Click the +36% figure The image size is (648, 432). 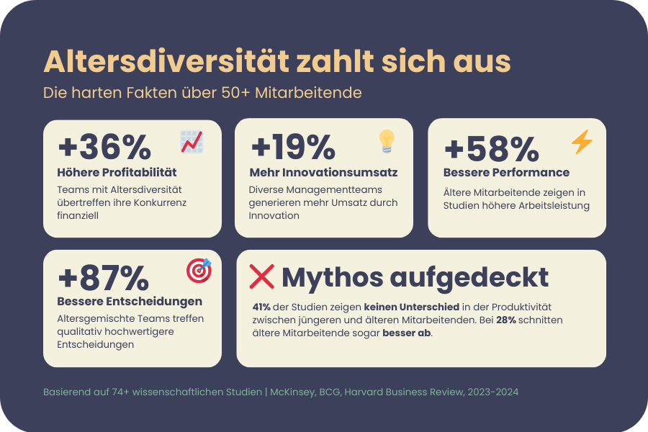point(104,148)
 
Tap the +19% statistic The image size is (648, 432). point(293,148)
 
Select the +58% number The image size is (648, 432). point(492,149)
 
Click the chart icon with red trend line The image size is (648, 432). point(192,142)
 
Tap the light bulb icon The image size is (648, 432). point(387,141)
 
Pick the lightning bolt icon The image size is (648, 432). point(582,142)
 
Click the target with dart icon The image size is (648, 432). point(199,270)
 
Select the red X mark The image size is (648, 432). point(261,276)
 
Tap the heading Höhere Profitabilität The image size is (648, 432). point(117,173)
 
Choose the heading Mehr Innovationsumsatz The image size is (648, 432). point(323,173)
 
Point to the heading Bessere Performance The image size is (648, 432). point(506,173)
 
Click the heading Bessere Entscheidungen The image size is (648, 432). point(130,301)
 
